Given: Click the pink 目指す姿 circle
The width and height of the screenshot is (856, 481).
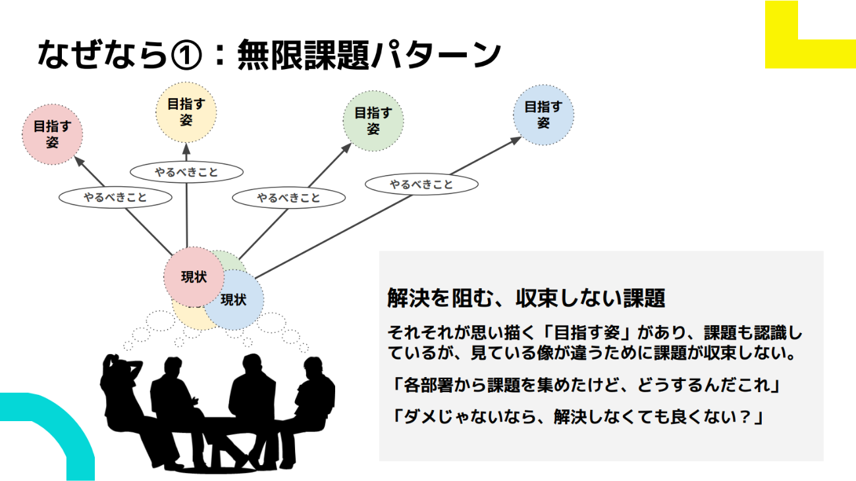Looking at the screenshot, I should click(x=53, y=134).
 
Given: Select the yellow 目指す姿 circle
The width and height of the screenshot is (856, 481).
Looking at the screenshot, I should click(x=186, y=112).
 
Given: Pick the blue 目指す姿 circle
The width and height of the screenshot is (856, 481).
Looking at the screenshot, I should click(x=543, y=114).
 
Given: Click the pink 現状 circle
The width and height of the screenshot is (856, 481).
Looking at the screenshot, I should click(x=194, y=277).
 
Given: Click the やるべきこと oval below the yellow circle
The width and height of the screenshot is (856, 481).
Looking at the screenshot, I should click(x=186, y=172).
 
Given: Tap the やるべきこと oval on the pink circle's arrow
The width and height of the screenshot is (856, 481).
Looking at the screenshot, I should click(x=115, y=197).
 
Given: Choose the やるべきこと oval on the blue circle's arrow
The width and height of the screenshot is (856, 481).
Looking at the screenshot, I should click(x=421, y=184).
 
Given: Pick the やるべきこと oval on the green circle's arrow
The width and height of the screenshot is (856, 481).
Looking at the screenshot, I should click(x=289, y=197).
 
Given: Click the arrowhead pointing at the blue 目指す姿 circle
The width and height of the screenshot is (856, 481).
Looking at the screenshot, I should click(x=514, y=140).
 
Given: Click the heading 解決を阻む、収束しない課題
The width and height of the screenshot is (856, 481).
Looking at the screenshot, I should click(x=526, y=298).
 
